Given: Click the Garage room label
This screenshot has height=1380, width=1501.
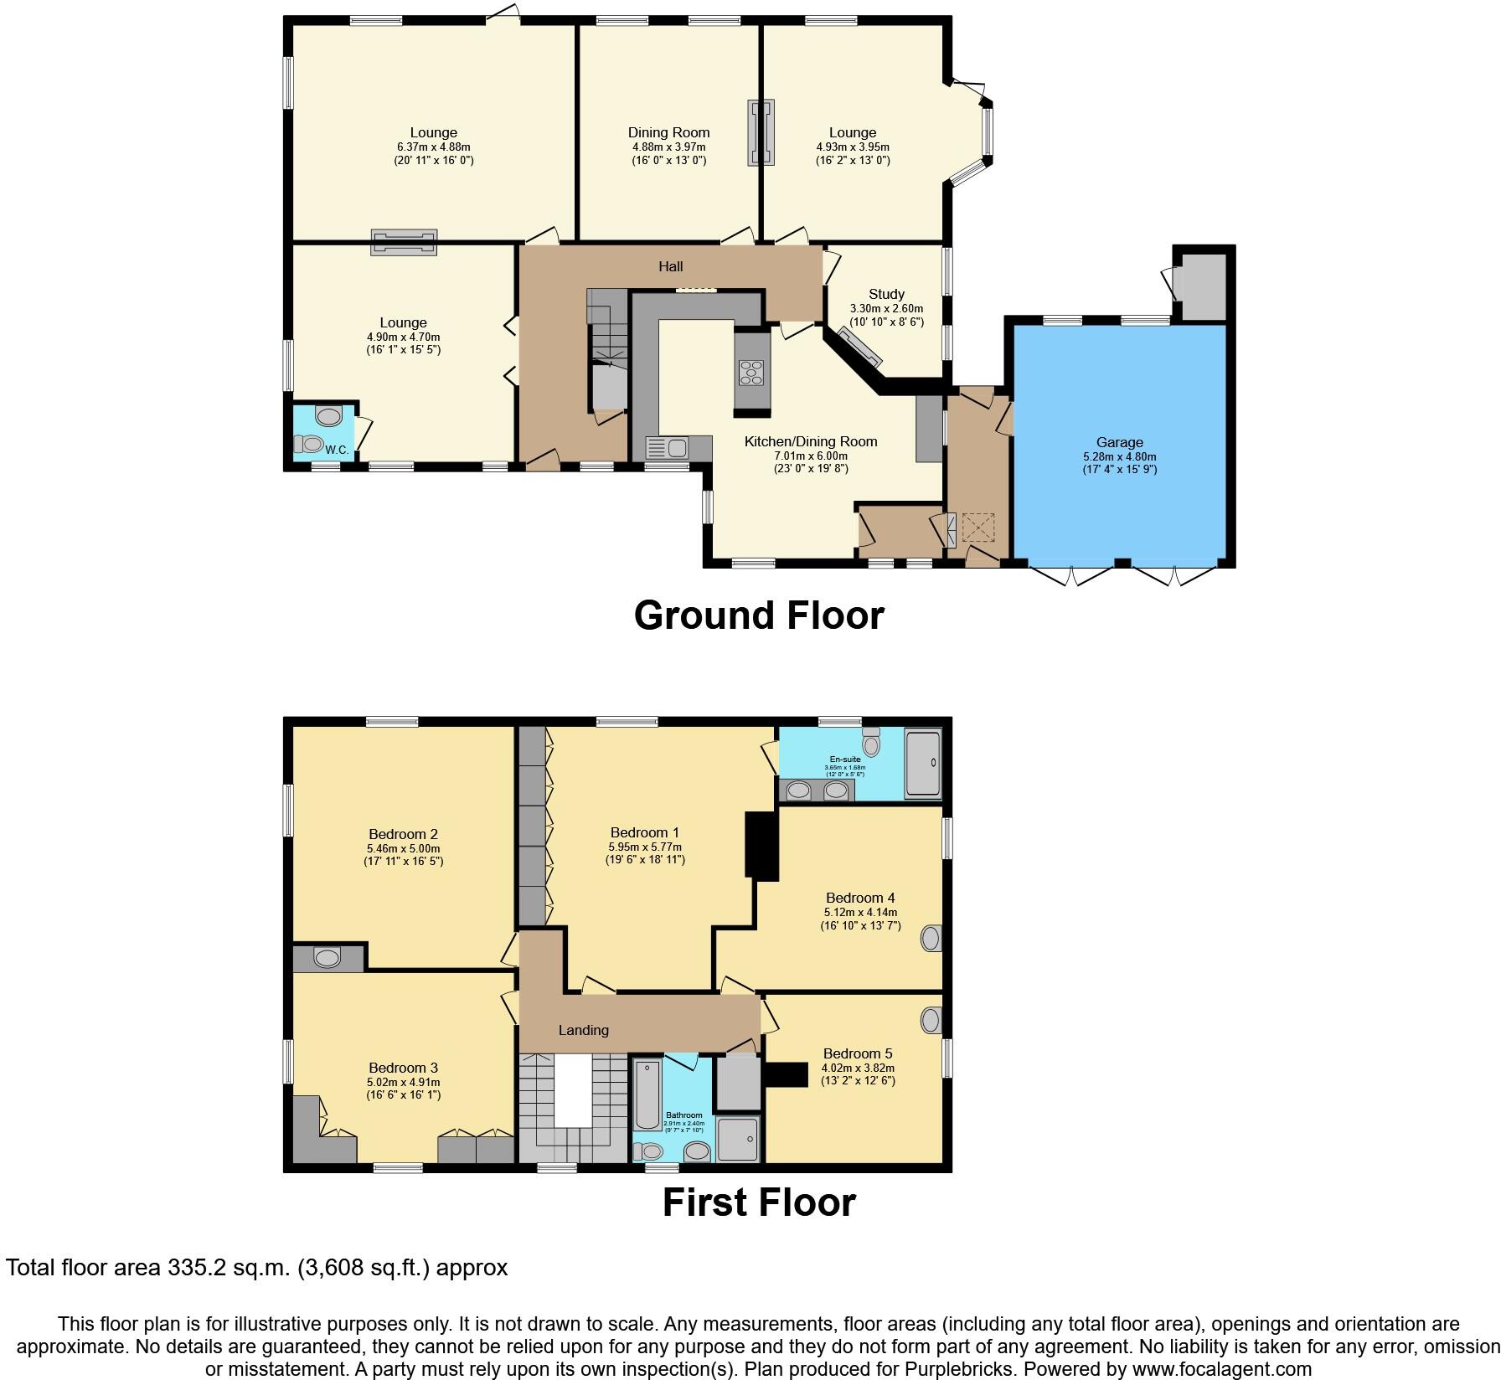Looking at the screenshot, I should (x=1119, y=442).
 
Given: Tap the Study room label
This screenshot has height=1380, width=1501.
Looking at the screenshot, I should (x=886, y=294).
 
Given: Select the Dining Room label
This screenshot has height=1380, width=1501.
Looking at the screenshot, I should (x=668, y=132).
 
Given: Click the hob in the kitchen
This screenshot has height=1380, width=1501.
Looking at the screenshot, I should (x=751, y=371).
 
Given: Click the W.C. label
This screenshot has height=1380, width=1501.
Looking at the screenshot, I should (x=337, y=450).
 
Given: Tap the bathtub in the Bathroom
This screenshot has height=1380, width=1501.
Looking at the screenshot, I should (x=646, y=1094).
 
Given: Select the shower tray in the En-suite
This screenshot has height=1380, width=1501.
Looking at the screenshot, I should (x=923, y=762).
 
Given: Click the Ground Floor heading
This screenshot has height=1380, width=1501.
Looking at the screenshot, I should (x=758, y=615).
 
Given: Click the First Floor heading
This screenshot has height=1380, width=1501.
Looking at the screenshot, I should (x=758, y=1202).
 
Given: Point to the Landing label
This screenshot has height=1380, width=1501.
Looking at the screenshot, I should (x=583, y=1030).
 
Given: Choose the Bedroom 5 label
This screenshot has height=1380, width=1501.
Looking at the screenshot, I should (x=858, y=1053).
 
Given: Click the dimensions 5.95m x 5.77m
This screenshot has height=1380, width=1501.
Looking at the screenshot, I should (x=644, y=847).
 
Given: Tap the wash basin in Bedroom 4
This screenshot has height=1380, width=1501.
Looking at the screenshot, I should (x=931, y=938).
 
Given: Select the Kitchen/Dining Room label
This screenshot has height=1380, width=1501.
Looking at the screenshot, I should (x=810, y=441).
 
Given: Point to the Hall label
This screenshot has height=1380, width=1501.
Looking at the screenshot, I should (x=670, y=266).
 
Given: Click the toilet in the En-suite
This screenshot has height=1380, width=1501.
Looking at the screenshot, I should (x=871, y=742).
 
